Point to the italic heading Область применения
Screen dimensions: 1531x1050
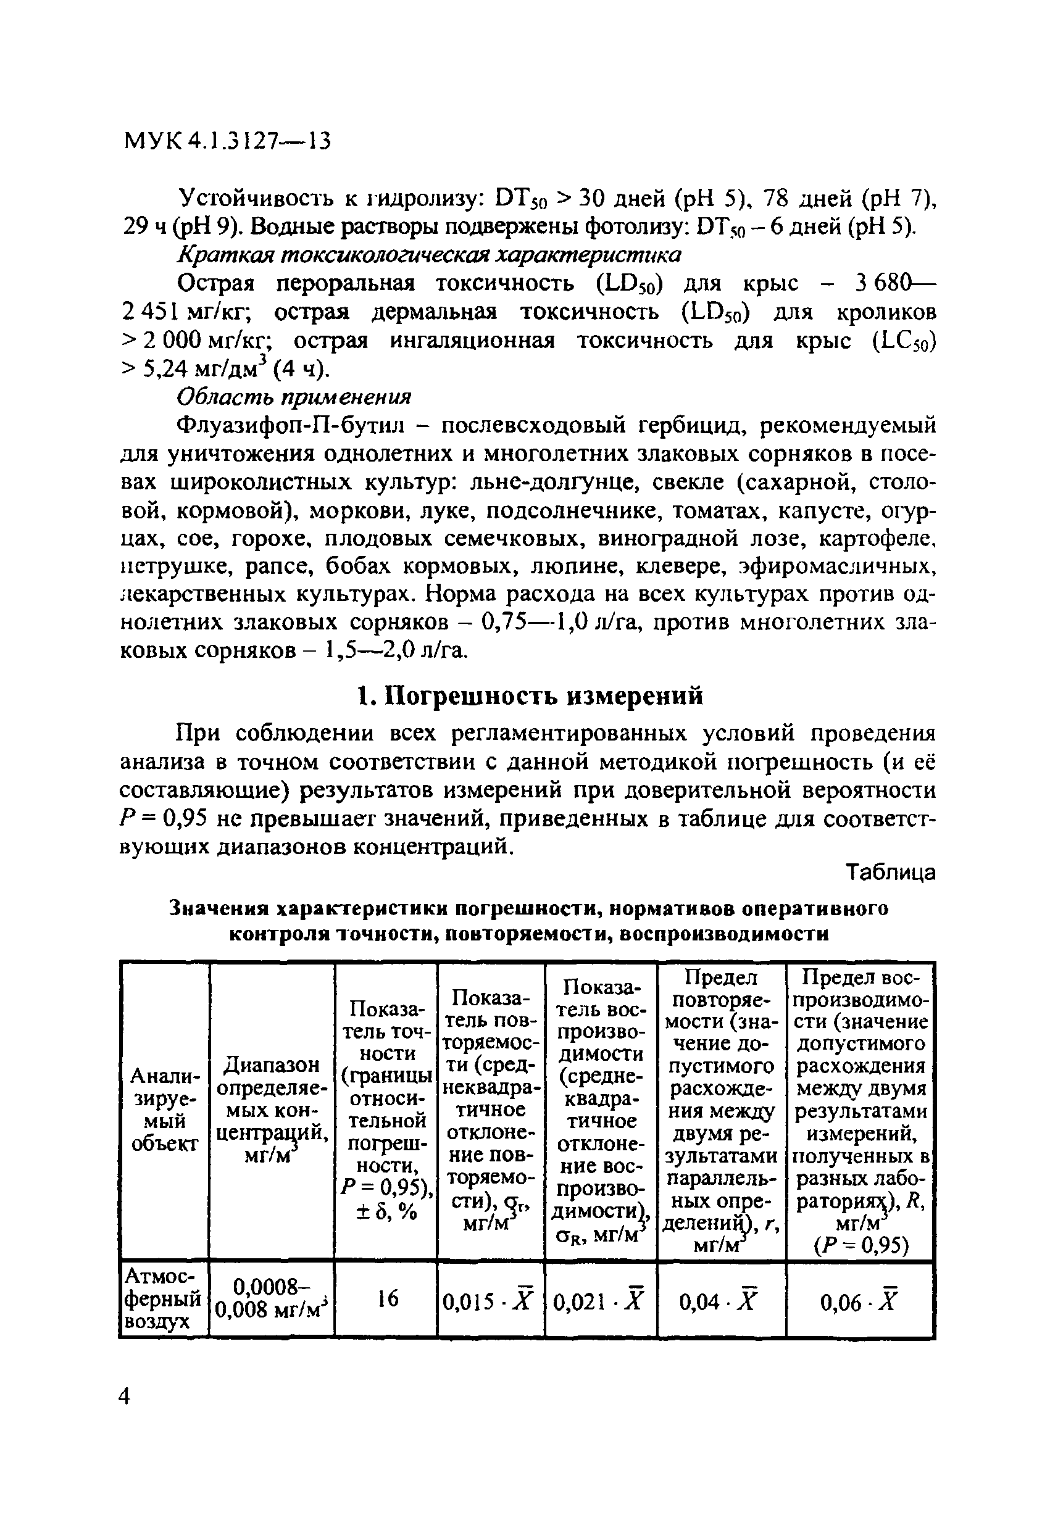294,397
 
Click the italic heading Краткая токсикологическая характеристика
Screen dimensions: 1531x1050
430,254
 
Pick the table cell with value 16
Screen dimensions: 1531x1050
388,1298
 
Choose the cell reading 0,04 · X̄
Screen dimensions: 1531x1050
720,1301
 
